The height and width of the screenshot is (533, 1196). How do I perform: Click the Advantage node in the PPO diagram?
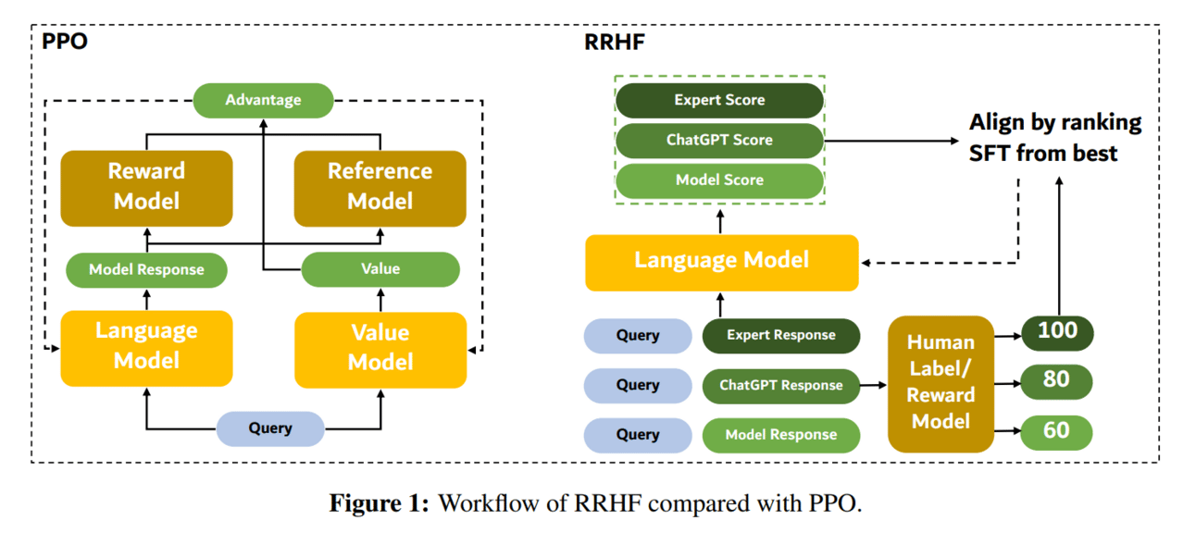pos(263,100)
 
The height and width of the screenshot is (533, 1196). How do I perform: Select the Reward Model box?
pos(147,189)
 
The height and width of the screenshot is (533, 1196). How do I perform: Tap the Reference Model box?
pos(380,189)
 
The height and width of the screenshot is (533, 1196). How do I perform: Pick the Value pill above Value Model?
pos(380,269)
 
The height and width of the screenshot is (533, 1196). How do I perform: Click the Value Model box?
pos(380,350)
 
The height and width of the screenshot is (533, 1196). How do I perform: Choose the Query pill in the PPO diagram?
pos(270,428)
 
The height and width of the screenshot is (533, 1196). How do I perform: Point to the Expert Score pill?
pos(719,100)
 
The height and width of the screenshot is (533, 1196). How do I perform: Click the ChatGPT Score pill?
pos(719,141)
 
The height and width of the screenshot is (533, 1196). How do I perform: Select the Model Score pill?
pos(719,180)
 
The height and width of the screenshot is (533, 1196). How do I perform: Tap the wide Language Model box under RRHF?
pos(722,263)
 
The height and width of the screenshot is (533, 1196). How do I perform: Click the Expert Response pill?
pos(781,336)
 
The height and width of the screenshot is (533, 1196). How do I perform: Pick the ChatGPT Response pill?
pos(781,385)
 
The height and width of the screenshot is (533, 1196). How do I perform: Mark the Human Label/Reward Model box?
pos(941,384)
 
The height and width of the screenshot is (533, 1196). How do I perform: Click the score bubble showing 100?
pos(1057,333)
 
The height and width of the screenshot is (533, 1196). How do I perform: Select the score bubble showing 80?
pos(1056,381)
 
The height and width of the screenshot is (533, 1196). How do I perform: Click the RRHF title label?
pos(615,43)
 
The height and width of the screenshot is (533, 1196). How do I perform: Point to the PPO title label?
pos(65,41)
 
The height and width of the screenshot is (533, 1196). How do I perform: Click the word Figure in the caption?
pos(365,503)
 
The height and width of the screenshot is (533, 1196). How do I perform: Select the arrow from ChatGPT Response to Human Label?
pos(874,385)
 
